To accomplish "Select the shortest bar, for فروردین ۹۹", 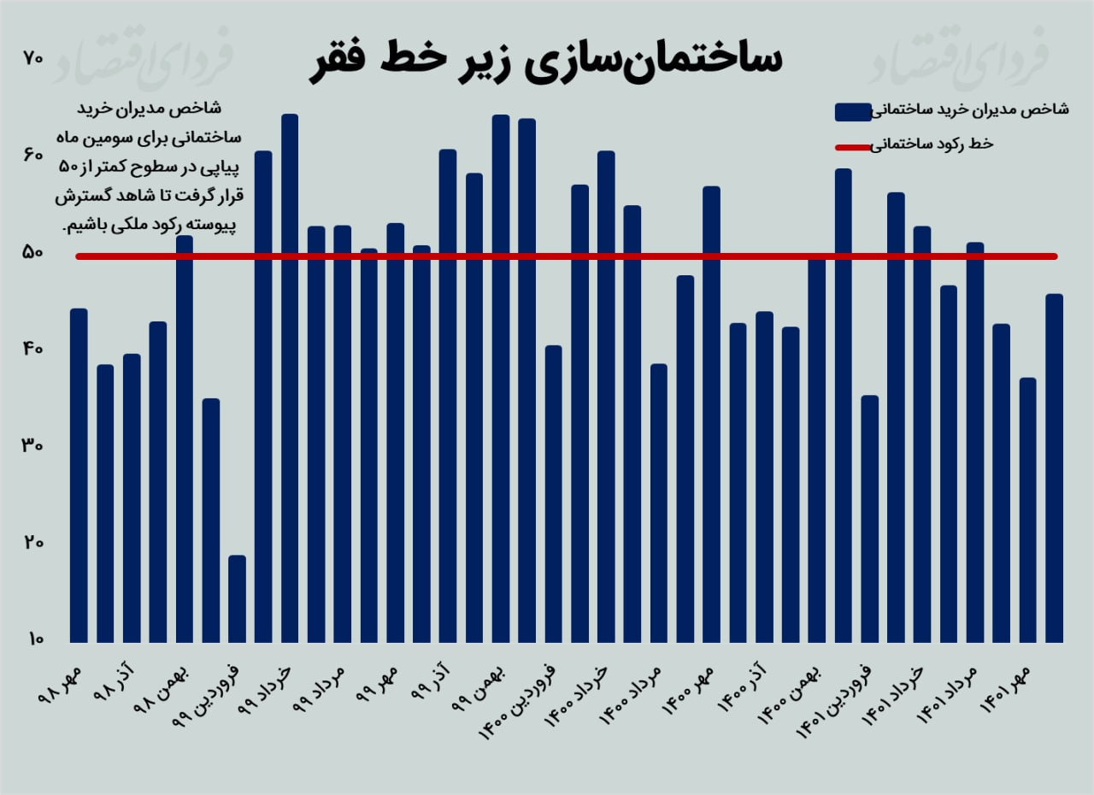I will pos(237,598).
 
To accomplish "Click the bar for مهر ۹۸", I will pos(79,474).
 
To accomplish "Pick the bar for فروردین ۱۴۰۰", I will pos(553,493).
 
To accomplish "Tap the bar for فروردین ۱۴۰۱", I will pos(869,518).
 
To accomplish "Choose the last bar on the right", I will pos(1054,468).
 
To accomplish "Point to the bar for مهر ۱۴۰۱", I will pos(1027,509).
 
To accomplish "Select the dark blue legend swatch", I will pos(851,111).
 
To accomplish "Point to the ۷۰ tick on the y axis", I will pos(33,58).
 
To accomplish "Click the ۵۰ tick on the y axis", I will pos(33,253).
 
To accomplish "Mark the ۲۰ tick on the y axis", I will pos(33,543).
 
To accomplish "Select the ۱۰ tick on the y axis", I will pos(33,639).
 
